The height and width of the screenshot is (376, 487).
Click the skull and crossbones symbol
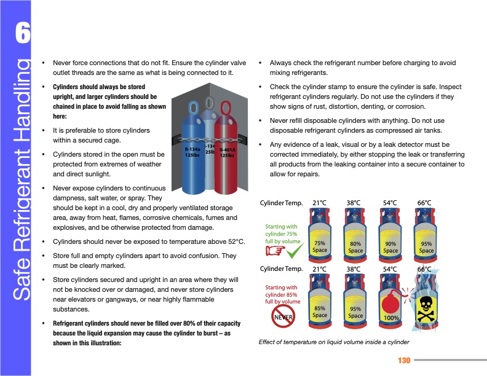pos(426,308)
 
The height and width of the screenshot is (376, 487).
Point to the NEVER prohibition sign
pos(282,315)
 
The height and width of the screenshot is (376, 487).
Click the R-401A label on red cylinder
pos(228,152)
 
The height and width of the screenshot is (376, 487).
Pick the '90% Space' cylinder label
pos(390,247)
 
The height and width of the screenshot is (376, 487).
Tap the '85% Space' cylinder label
pos(320,311)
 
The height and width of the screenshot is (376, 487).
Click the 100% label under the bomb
pos(390,318)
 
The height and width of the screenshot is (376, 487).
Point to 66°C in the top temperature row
pos(424,203)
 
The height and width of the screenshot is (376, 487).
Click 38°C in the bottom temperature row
pos(354,269)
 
